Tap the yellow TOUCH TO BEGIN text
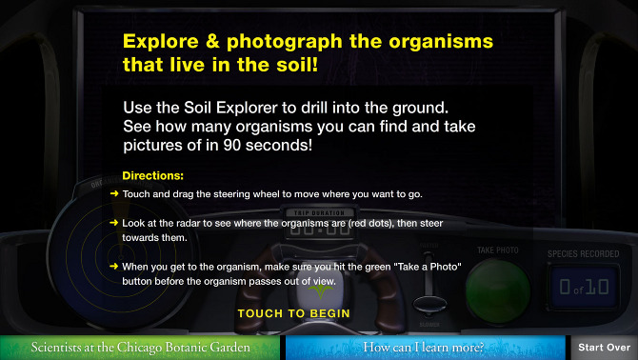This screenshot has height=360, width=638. coord(293,313)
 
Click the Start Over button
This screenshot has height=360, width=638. coord(604,348)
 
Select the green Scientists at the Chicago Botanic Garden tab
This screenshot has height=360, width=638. coord(140,348)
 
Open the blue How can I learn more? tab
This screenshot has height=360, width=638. coord(423,348)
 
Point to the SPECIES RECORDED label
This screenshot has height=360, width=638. coord(582,253)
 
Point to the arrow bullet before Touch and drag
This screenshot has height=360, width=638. coord(114,194)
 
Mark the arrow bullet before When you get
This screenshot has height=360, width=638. coord(114,267)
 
